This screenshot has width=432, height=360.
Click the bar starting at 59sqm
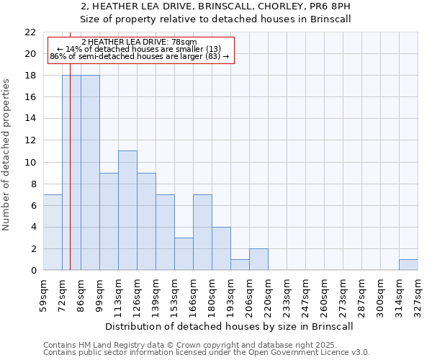click(x=53, y=233)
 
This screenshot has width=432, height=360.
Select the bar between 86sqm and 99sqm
click(x=90, y=173)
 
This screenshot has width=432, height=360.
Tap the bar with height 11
click(x=127, y=210)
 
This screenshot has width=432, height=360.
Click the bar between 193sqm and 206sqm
click(x=240, y=265)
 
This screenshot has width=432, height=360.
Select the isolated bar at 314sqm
click(x=408, y=265)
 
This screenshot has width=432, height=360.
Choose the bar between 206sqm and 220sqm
click(x=258, y=259)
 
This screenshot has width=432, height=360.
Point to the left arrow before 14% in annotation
click(x=60, y=49)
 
